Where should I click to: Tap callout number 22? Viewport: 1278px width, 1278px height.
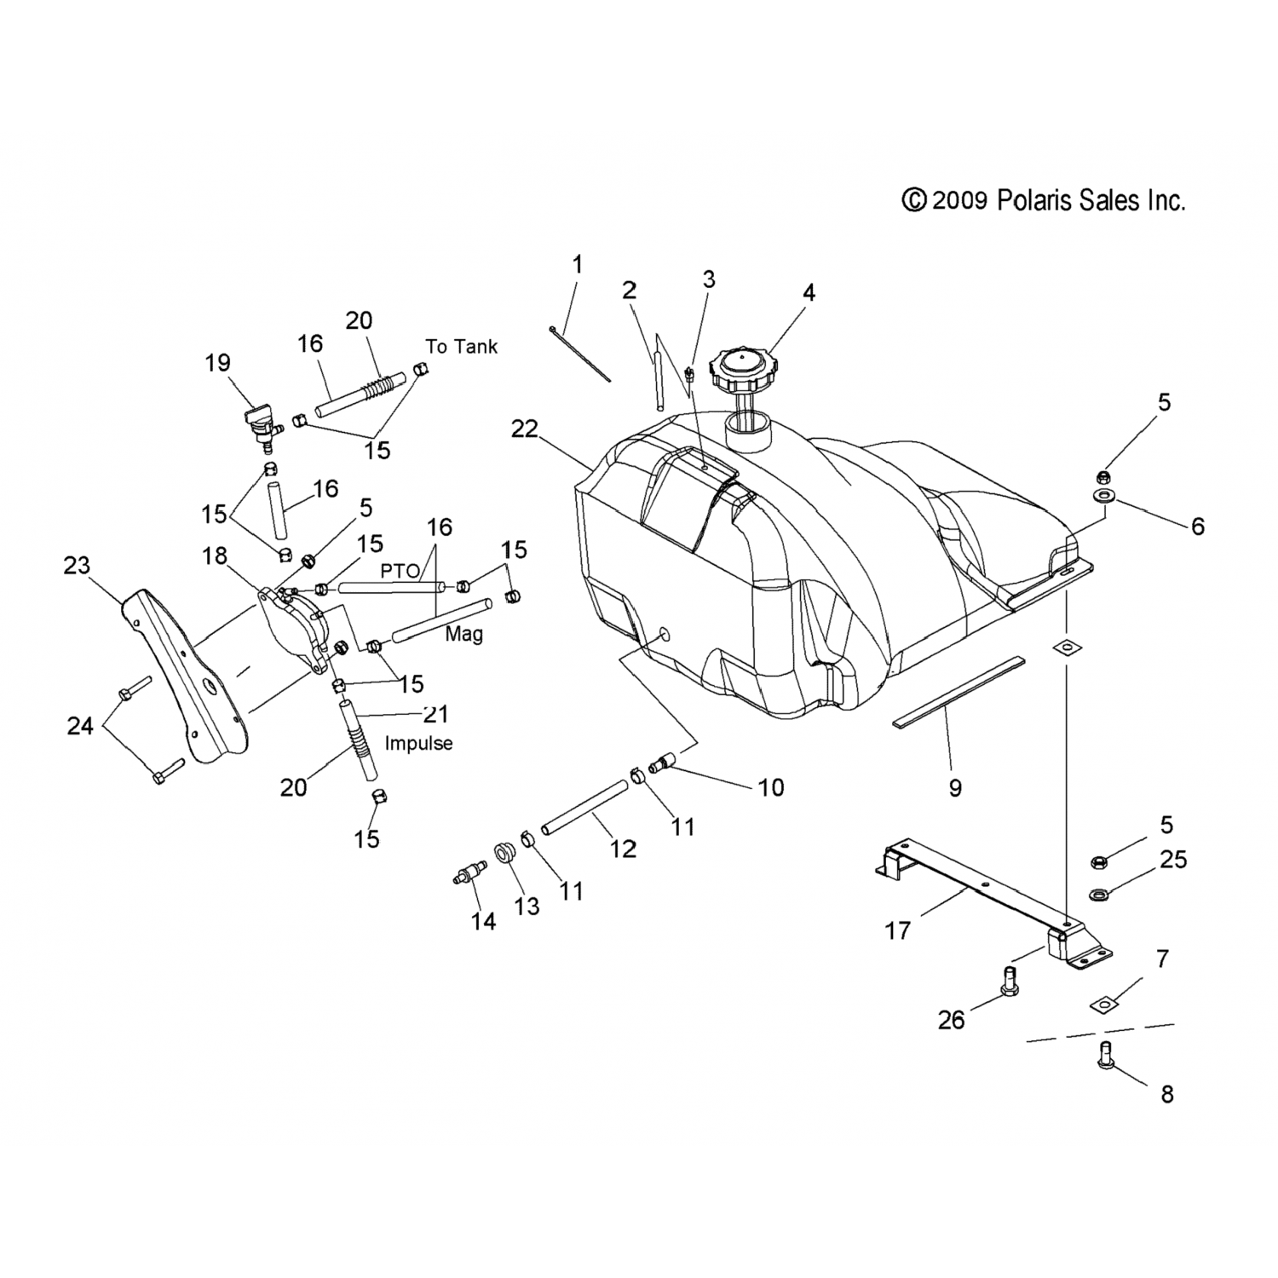coord(525,429)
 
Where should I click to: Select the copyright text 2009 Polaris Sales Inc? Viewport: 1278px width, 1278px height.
coord(1044,201)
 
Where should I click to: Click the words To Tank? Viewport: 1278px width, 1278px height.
coord(461,347)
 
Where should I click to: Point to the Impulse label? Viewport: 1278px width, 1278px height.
coord(418,743)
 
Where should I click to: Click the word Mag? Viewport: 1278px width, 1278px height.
coord(463,634)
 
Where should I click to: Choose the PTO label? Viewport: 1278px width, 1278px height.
coord(400,571)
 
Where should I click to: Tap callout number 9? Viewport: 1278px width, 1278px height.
coord(955,788)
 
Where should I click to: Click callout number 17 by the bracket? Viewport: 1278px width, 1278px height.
coord(898,930)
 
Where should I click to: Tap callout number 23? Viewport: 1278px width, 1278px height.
coord(77,566)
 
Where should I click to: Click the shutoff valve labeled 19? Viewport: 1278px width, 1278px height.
coord(258,423)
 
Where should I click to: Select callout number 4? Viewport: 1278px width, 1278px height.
coord(809,293)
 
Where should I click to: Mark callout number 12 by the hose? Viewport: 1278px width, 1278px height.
coord(624,849)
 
